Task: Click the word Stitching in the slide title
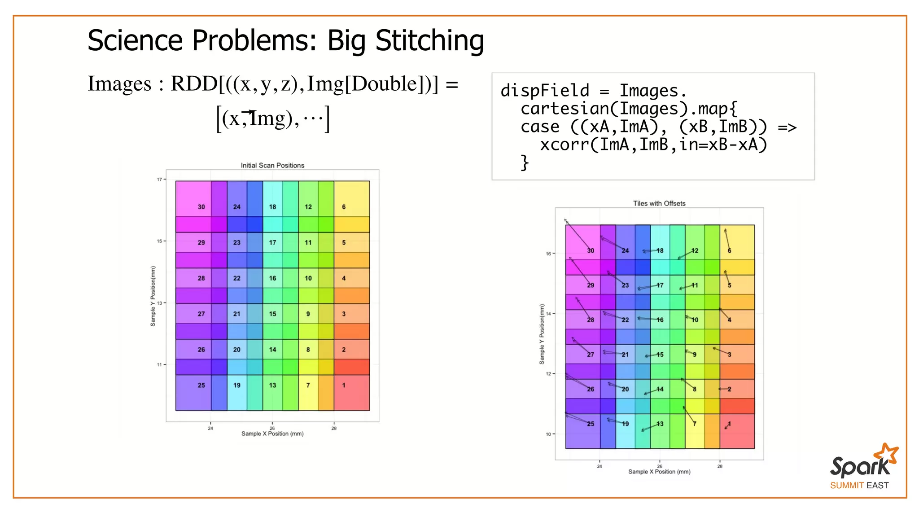[429, 41]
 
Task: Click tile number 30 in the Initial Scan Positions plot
[201, 207]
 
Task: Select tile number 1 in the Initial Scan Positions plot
[344, 385]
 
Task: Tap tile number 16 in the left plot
[272, 278]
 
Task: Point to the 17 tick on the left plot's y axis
[159, 180]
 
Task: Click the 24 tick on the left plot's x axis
[210, 428]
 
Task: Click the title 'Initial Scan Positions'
[272, 166]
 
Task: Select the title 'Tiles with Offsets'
[659, 203]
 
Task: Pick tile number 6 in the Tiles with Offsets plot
[729, 251]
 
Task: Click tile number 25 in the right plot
[591, 424]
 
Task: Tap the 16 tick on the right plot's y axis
[548, 254]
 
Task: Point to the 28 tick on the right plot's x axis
[720, 466]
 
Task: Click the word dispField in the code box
[545, 91]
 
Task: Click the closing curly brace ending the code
[525, 162]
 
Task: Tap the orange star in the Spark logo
[888, 453]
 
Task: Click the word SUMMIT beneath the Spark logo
[847, 486]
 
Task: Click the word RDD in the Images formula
[194, 84]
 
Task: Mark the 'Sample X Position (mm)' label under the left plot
[272, 434]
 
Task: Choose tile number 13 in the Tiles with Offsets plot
[660, 424]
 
